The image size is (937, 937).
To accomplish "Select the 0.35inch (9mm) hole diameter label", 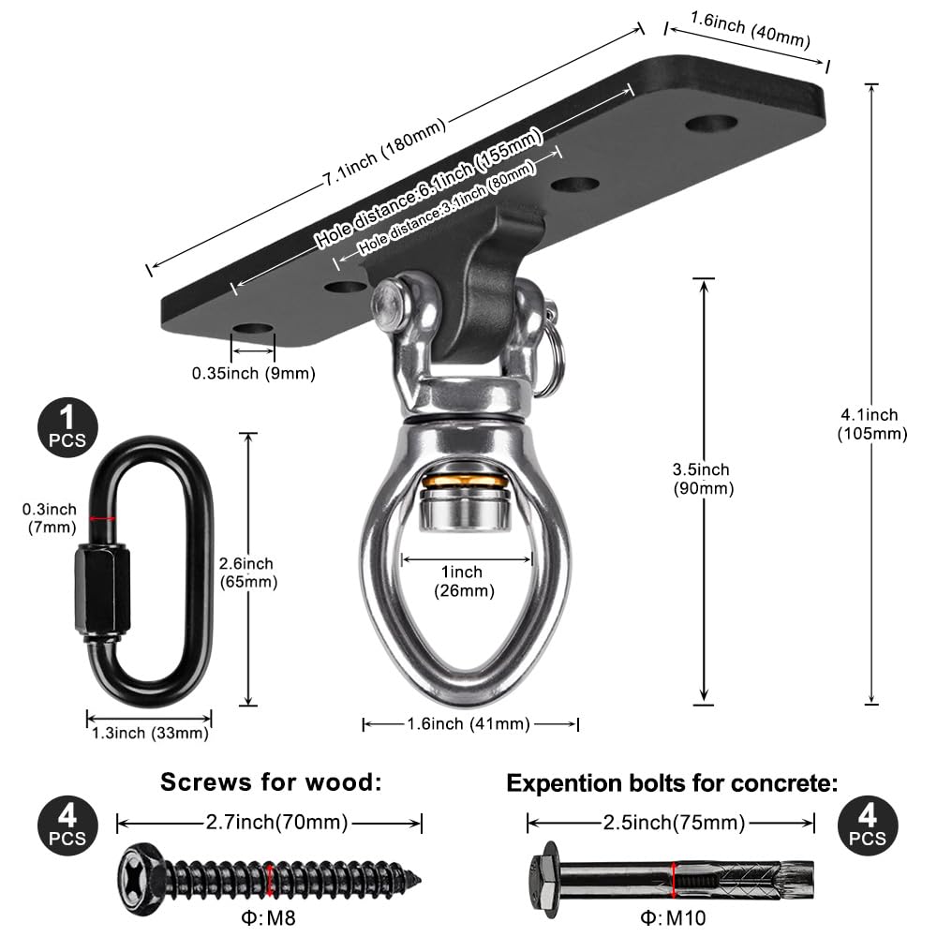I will pyautogui.click(x=253, y=373).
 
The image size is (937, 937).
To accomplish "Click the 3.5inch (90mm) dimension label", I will pyautogui.click(x=704, y=479).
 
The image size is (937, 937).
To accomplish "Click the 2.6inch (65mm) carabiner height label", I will pyautogui.click(x=247, y=573).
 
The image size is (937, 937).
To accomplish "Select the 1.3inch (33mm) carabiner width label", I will pyautogui.click(x=148, y=733).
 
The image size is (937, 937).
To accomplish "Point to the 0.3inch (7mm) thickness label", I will pyautogui.click(x=50, y=518).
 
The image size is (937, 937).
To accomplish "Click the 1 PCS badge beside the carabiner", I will pyautogui.click(x=67, y=426).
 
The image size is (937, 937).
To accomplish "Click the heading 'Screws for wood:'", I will pyautogui.click(x=271, y=782).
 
